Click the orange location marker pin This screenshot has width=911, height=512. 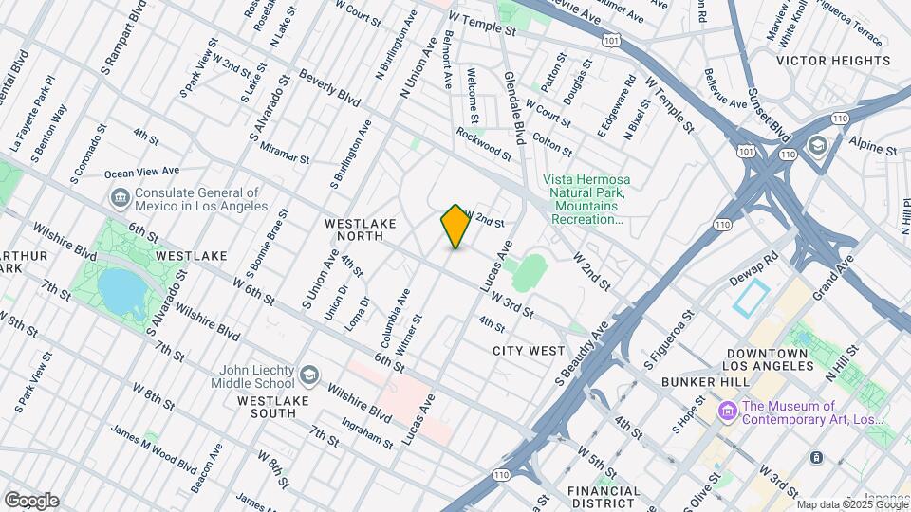[x=455, y=226]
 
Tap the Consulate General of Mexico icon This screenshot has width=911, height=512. [x=121, y=198]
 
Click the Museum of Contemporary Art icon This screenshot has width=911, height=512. [x=728, y=411]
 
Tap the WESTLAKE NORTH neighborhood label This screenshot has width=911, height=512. [x=364, y=230]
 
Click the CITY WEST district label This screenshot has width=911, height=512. [x=529, y=351]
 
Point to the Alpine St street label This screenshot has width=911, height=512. [x=873, y=150]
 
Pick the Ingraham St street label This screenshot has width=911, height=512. [x=370, y=436]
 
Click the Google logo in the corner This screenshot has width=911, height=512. [x=31, y=501]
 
